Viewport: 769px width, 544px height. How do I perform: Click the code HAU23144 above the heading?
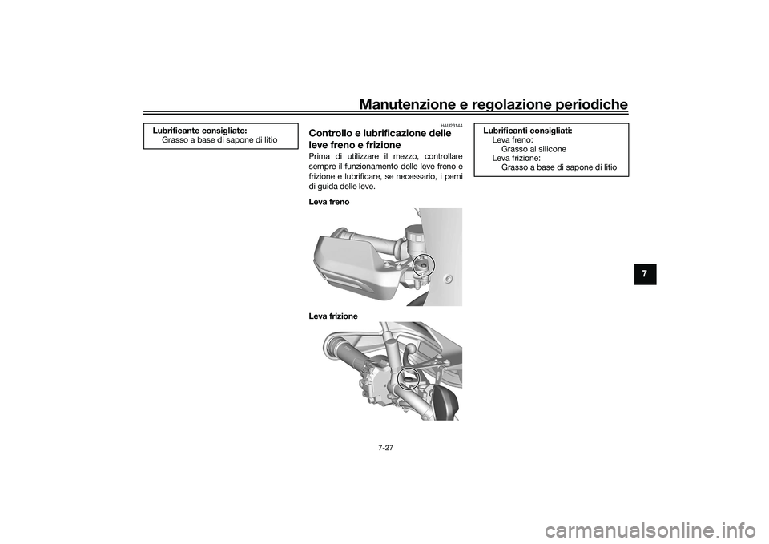pos(451,125)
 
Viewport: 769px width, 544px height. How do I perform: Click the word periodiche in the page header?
pos(588,103)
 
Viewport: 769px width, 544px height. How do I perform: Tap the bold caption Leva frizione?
pos(332,316)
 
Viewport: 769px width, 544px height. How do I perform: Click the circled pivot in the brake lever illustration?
pos(422,264)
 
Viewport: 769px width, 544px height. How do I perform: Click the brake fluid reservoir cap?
pos(413,232)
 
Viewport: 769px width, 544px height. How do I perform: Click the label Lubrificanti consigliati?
pos(527,129)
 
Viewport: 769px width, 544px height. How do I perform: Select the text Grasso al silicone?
pos(533,149)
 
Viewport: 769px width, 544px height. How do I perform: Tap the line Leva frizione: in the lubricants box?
pos(516,158)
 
